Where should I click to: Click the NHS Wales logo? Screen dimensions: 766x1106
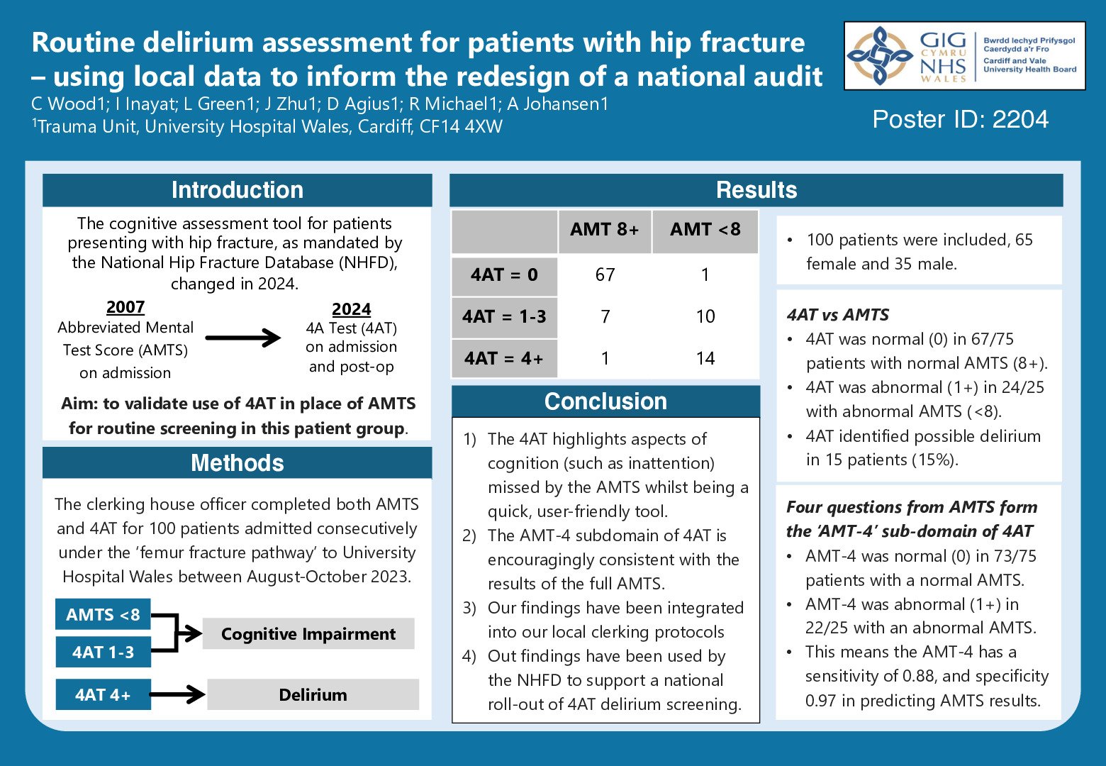pyautogui.click(x=964, y=55)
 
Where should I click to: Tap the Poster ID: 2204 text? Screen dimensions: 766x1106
pyautogui.click(x=960, y=119)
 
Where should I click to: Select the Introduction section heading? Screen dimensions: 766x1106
pyautogui.click(x=237, y=190)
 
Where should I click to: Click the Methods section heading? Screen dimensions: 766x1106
pyautogui.click(x=237, y=463)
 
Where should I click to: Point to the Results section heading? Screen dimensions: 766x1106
pyautogui.click(x=756, y=190)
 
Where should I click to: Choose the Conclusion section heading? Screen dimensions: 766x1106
pyautogui.click(x=605, y=401)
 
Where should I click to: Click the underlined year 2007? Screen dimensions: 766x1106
pyautogui.click(x=125, y=307)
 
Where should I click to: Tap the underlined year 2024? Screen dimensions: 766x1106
pyautogui.click(x=351, y=309)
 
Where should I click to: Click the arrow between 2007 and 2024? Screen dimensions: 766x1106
pyautogui.click(x=243, y=338)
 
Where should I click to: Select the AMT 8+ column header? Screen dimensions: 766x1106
pyautogui.click(x=604, y=230)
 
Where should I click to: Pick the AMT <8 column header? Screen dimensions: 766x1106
pyautogui.click(x=705, y=230)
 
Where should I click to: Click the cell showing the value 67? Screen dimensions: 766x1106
pyautogui.click(x=605, y=275)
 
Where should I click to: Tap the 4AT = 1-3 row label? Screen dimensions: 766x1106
pyautogui.click(x=504, y=316)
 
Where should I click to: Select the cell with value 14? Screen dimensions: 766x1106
pyautogui.click(x=705, y=358)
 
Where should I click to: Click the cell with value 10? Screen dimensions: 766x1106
pyautogui.click(x=705, y=316)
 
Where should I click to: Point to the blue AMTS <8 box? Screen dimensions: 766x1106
pyautogui.click(x=103, y=615)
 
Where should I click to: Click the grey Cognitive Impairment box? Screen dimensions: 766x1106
pyautogui.click(x=308, y=634)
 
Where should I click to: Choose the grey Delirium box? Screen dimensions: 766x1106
pyautogui.click(x=313, y=695)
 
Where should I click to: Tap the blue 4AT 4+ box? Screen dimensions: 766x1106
pyautogui.click(x=103, y=695)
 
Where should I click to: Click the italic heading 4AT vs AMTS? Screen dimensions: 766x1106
pyautogui.click(x=837, y=315)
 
